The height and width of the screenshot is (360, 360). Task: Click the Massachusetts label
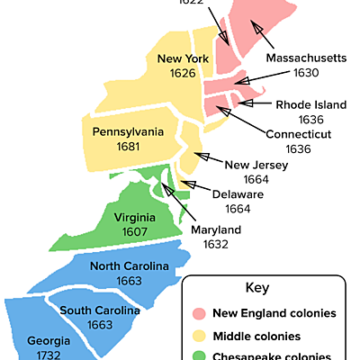(x=306, y=58)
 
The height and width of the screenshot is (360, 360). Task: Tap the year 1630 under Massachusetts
(x=306, y=72)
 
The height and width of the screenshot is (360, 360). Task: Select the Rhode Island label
(x=310, y=104)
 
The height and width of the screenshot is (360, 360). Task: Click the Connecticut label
(x=299, y=134)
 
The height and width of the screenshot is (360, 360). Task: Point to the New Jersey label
(x=256, y=165)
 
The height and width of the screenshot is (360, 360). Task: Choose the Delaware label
(x=238, y=193)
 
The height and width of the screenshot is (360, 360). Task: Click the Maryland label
(x=216, y=229)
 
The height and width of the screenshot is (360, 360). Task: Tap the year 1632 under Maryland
(x=216, y=244)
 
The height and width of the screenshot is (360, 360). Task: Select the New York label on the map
(x=183, y=59)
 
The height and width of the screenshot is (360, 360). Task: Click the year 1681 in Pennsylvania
(x=129, y=146)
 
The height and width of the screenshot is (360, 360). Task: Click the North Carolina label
(x=130, y=266)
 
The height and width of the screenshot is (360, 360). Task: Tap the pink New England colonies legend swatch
(x=200, y=314)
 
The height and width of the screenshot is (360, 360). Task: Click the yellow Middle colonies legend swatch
(x=200, y=336)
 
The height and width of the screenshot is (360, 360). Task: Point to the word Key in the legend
(x=257, y=288)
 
